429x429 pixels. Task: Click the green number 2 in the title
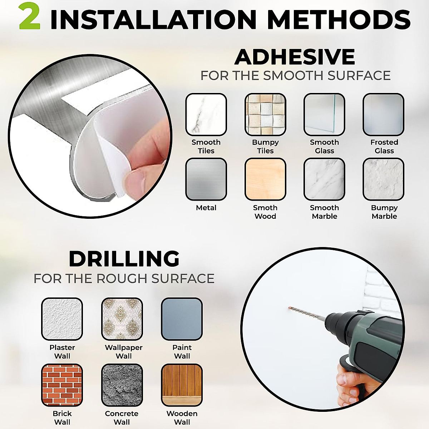click(29, 17)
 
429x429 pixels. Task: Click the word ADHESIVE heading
click(295, 57)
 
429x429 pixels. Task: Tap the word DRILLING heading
click(124, 259)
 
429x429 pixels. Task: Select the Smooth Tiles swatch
click(206, 114)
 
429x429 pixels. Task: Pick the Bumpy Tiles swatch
click(265, 114)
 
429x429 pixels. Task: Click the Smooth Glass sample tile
click(324, 114)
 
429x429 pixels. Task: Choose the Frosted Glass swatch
click(383, 114)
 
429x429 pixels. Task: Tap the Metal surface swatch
click(206, 179)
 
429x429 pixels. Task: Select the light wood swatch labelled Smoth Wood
click(265, 179)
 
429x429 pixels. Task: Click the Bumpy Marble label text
click(384, 212)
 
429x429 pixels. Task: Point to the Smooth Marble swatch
click(324, 179)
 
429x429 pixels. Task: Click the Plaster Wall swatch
click(62, 319)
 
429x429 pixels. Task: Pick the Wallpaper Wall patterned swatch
click(122, 319)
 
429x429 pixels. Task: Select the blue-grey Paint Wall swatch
click(182, 319)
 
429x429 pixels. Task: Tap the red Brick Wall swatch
click(62, 385)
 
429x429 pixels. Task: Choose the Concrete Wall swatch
click(122, 385)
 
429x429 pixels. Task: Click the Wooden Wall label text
click(182, 418)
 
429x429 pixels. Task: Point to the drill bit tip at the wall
click(290, 307)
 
